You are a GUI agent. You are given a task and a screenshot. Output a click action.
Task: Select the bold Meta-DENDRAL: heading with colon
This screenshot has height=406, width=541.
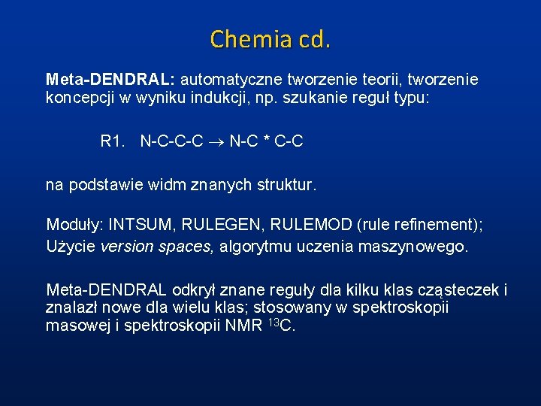110,79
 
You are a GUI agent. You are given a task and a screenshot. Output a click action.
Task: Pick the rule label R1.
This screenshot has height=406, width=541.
115,141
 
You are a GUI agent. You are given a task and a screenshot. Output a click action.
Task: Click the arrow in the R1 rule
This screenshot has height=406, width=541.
216,141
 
